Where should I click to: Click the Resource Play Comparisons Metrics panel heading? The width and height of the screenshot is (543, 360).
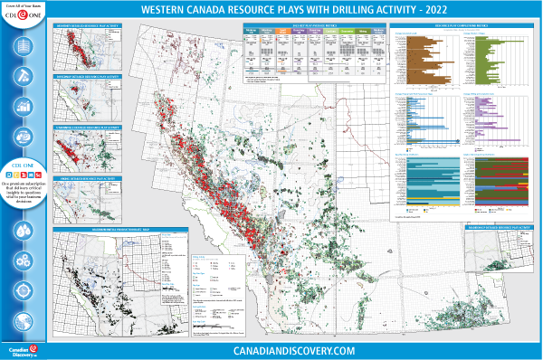click(x=462, y=25)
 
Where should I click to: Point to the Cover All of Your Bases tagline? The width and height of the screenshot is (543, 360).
click(x=24, y=5)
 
